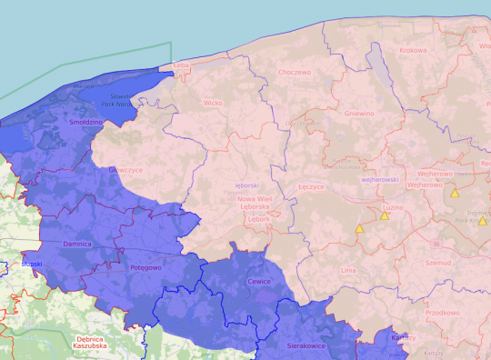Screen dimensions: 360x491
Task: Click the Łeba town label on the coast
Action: point(181,65)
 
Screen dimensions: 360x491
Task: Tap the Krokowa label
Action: point(411,51)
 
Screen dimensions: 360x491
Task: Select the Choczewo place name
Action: point(296,73)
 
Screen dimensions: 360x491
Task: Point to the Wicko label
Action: point(214,103)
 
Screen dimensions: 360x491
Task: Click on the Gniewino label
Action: point(359,114)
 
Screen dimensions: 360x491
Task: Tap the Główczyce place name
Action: point(125,169)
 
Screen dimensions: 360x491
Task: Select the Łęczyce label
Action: point(311,185)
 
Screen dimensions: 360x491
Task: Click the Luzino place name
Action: point(394,207)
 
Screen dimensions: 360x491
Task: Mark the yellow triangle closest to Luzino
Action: point(385,216)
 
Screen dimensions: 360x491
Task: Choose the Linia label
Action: point(348,271)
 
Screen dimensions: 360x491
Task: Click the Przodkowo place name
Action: point(443,312)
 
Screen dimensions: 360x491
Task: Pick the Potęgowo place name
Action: point(145,268)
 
